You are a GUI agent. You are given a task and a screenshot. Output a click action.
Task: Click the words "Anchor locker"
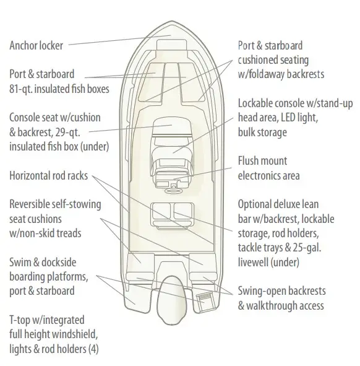click(x=36, y=45)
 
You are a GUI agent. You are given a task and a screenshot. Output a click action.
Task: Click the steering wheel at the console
click(x=173, y=191)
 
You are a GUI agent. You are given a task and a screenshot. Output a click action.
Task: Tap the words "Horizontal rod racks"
click(x=48, y=175)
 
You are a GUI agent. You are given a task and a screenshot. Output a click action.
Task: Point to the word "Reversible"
click(x=27, y=204)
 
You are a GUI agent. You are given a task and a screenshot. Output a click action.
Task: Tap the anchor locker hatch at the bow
click(x=172, y=45)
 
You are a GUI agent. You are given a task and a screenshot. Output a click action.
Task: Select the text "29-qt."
click(x=68, y=133)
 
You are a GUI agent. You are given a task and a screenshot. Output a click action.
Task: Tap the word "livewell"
click(x=253, y=262)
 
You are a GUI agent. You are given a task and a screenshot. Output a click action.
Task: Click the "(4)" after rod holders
click(x=93, y=349)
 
